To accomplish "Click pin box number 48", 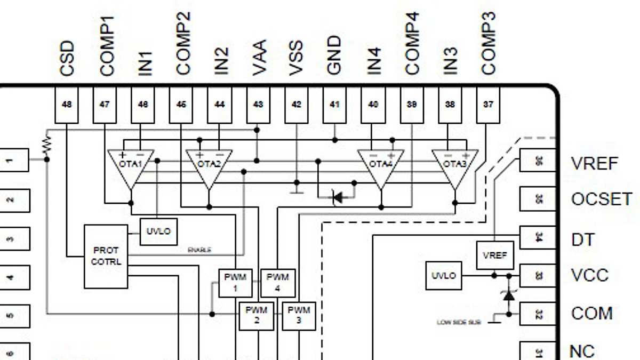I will (67, 105).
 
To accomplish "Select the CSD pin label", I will (67, 59).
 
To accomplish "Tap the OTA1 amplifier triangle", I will (130, 166).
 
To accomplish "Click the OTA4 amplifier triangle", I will (381, 166).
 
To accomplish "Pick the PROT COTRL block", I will (106, 256).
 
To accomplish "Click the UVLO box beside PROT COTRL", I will (158, 231).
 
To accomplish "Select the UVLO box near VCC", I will (444, 276).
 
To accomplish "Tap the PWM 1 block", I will (235, 283).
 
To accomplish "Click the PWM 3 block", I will (299, 315).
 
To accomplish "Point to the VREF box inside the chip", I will (494, 255).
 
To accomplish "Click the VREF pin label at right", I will (595, 163).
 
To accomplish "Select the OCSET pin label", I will (602, 199).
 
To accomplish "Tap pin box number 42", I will (297, 105).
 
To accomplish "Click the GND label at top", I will (334, 55).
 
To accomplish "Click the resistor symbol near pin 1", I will (48, 143).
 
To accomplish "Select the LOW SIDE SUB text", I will (459, 322).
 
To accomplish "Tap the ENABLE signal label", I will (199, 250).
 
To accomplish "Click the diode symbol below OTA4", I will (338, 197).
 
